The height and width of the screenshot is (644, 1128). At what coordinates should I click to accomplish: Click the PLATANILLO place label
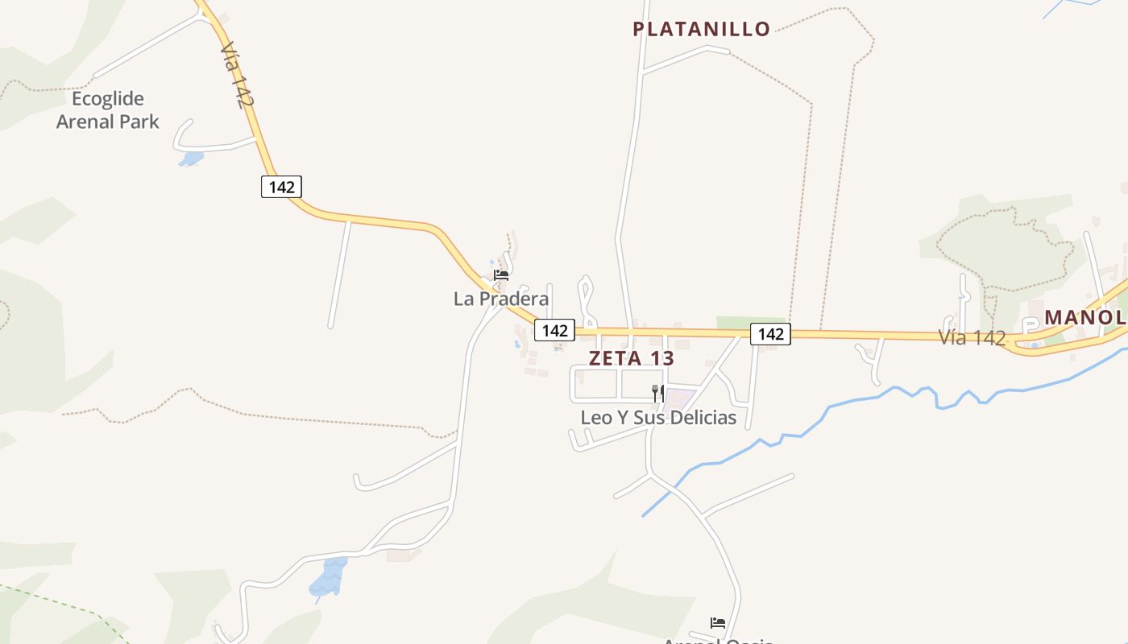pyautogui.click(x=701, y=29)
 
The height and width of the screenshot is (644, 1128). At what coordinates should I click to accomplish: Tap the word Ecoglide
pyautogui.click(x=108, y=99)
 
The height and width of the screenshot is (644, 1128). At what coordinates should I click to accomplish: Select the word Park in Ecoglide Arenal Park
pyautogui.click(x=139, y=122)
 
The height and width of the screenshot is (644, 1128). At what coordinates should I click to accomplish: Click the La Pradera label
pyautogui.click(x=501, y=299)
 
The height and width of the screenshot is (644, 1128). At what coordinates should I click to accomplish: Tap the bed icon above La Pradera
pyautogui.click(x=501, y=275)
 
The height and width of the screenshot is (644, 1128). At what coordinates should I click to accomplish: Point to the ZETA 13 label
pyautogui.click(x=631, y=358)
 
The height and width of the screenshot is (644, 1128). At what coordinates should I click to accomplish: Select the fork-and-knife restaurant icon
pyautogui.click(x=658, y=393)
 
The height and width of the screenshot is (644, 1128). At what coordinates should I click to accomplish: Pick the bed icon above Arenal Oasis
pyautogui.click(x=718, y=622)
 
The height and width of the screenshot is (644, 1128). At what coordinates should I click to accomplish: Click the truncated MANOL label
pyautogui.click(x=1085, y=317)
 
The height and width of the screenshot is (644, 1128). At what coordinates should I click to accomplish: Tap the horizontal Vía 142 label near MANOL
pyautogui.click(x=972, y=338)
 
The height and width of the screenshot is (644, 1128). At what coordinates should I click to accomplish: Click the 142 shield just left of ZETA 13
pyautogui.click(x=554, y=330)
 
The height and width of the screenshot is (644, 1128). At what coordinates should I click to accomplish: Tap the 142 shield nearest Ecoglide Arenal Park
pyautogui.click(x=281, y=187)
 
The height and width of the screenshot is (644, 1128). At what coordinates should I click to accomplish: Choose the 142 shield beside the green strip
pyautogui.click(x=770, y=333)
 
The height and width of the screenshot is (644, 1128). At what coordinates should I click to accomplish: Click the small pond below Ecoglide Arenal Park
pyautogui.click(x=191, y=159)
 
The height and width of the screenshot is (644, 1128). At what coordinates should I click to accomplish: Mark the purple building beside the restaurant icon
pyautogui.click(x=680, y=397)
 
